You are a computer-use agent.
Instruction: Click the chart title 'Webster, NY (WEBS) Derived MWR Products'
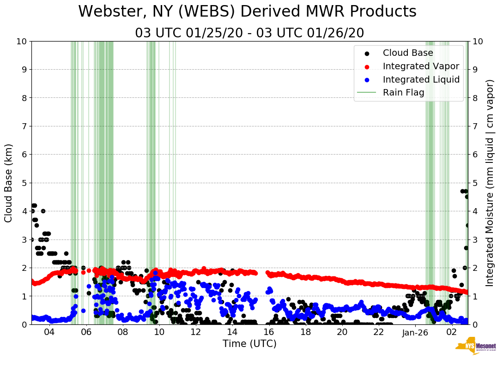(x=247, y=12)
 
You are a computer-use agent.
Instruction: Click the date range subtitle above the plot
(x=249, y=33)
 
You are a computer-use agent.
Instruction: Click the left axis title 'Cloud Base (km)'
(x=9, y=183)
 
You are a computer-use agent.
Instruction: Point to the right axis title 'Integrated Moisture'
(x=490, y=183)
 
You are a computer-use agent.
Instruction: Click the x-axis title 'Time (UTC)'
(x=249, y=344)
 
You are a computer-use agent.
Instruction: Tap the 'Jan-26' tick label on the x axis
(x=415, y=333)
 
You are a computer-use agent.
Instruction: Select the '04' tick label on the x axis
(x=49, y=333)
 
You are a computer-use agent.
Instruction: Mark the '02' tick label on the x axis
(x=452, y=333)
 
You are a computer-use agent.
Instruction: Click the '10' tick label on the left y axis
(x=22, y=42)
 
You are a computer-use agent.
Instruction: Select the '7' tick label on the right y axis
(x=476, y=126)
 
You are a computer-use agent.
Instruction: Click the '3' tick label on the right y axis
(x=476, y=239)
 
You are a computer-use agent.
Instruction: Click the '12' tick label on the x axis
(x=196, y=333)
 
